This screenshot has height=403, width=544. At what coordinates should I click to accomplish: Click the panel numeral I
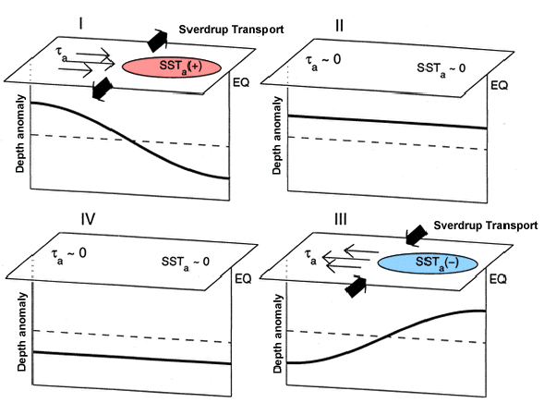coord(81,24)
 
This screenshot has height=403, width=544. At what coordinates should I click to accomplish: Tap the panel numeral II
coord(340,26)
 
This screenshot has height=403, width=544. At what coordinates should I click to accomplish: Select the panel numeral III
coord(341,219)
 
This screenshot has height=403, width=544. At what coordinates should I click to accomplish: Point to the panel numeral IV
coord(88,219)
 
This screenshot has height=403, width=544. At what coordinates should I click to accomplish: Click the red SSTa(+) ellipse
coord(172,67)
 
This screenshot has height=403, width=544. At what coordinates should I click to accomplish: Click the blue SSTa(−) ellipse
coord(428,263)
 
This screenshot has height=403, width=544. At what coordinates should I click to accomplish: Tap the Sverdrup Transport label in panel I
coord(231,30)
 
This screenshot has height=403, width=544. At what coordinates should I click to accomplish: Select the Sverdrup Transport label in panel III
coord(486,226)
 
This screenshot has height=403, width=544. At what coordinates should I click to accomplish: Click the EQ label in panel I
coord(241,82)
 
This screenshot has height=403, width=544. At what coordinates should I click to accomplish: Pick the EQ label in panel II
coord(500,85)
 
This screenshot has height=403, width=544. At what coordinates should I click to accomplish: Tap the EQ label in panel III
coord(498,279)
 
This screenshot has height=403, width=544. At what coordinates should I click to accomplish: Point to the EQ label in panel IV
coord(243,279)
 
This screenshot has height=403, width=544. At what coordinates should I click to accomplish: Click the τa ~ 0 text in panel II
coord(323,60)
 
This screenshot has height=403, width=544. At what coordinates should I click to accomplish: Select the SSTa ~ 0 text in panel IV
coord(186,263)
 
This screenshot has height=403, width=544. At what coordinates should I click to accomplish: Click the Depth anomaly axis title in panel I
coord(20,134)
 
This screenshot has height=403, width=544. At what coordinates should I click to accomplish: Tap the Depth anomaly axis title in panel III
coord(278,334)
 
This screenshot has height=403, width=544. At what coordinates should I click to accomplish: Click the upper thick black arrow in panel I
coord(158,41)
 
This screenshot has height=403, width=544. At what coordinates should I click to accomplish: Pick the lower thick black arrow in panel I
coord(103,89)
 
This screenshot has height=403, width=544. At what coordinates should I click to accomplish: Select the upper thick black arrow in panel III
coord(417,236)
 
